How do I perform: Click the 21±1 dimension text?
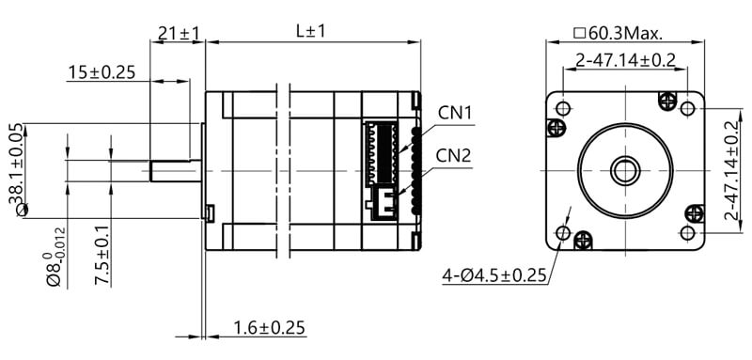click(x=179, y=34)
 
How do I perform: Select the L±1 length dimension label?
click(x=310, y=31)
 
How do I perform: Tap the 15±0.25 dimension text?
click(x=102, y=72)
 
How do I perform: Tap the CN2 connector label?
click(x=455, y=155)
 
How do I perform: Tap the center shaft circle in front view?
click(x=624, y=170)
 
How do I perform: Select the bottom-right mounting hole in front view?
click(x=687, y=232)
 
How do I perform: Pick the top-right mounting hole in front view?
click(x=687, y=108)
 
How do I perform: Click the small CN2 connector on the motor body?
click(x=384, y=202)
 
